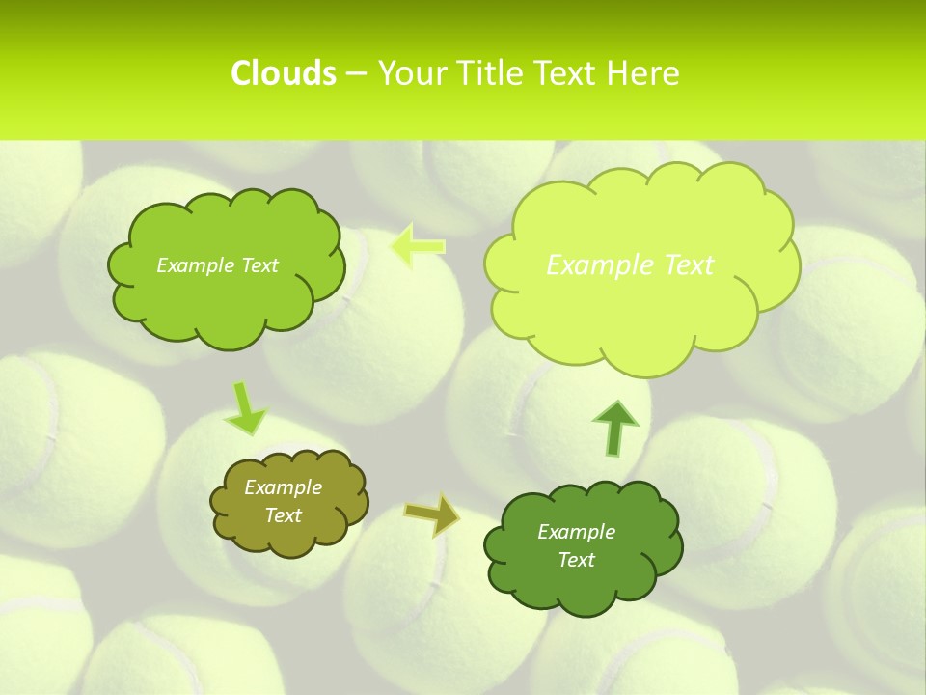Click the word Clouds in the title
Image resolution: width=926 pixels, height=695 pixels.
pyautogui.click(x=283, y=73)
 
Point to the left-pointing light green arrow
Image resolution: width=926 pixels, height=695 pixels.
pyautogui.click(x=418, y=246)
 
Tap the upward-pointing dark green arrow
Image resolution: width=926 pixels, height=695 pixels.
pyautogui.click(x=615, y=428)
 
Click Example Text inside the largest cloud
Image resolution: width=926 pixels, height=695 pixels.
pyautogui.click(x=630, y=264)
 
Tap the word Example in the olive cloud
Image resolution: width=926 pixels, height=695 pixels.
pyautogui.click(x=283, y=487)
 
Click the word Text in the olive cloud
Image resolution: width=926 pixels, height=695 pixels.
pyautogui.click(x=283, y=515)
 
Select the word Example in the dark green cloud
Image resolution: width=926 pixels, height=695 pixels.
pyautogui.click(x=576, y=532)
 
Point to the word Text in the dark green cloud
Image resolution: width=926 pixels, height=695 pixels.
pyautogui.click(x=576, y=560)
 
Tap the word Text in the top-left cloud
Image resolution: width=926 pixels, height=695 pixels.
pyautogui.click(x=259, y=265)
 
